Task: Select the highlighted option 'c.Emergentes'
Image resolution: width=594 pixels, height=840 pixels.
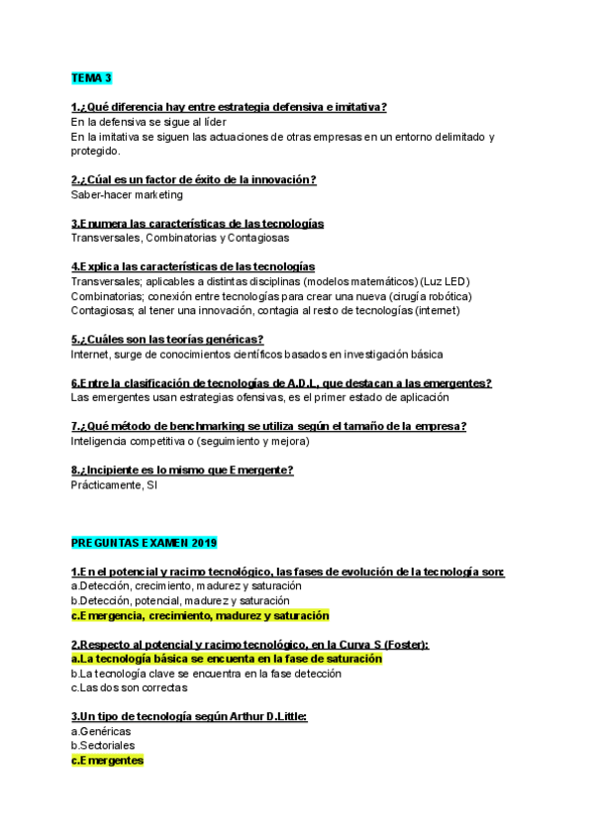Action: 107,760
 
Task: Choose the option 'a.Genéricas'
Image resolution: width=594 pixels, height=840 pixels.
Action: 101,731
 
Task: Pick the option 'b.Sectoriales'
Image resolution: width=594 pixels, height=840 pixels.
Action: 103,745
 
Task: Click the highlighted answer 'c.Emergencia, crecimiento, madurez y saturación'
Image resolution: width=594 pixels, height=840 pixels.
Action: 200,615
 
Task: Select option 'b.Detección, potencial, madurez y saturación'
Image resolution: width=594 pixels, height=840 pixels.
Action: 180,600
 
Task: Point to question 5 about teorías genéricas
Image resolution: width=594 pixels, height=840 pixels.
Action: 167,339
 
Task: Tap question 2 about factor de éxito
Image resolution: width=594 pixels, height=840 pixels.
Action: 194,179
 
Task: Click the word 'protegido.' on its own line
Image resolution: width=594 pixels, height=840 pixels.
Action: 96,151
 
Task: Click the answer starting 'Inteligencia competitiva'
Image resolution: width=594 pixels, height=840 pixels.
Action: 184,441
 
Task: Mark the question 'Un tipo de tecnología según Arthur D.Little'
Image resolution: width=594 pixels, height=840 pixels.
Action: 189,716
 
